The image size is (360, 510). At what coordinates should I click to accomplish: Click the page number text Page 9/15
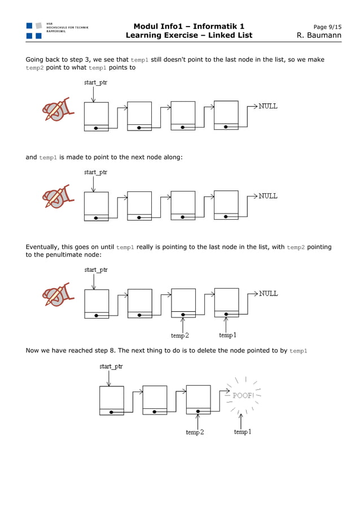click(x=327, y=27)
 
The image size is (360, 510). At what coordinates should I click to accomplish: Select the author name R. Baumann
click(x=319, y=36)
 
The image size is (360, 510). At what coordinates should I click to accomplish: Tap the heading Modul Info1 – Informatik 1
click(x=189, y=27)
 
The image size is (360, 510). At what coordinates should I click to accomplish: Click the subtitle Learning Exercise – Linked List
click(x=189, y=36)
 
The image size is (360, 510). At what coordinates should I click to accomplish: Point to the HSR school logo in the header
click(x=34, y=30)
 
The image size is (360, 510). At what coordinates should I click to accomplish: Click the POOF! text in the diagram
click(x=243, y=395)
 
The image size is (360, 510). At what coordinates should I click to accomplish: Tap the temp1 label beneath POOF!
click(x=243, y=432)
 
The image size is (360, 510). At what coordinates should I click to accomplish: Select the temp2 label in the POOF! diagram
click(x=195, y=433)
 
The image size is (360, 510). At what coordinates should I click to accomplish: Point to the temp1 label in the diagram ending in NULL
click(x=227, y=335)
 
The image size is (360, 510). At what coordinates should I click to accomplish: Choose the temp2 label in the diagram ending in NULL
click(x=180, y=335)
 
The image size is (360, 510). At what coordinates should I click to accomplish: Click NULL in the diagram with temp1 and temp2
click(x=268, y=294)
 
